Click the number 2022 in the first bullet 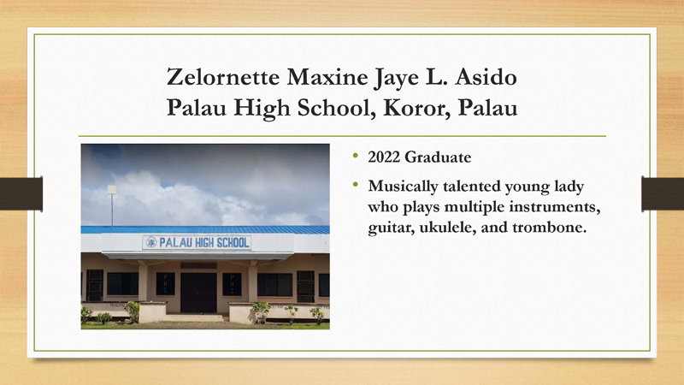click(x=385, y=158)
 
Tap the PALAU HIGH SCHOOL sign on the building click(x=198, y=243)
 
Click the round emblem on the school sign click(x=151, y=243)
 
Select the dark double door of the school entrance click(x=198, y=292)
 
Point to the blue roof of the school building click(x=205, y=229)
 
